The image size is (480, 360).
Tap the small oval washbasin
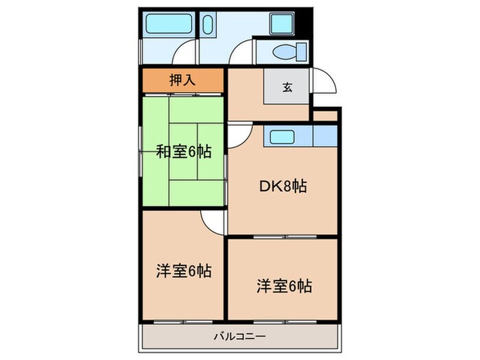pos(208,25)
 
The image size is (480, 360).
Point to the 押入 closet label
pos(182,80)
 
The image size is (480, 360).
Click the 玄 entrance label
pos(287,87)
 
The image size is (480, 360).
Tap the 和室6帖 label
pos(183,151)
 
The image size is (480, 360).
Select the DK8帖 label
pos(283,185)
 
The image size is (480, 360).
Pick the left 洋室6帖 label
pos(183,270)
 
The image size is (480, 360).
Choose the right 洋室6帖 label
pos(283,285)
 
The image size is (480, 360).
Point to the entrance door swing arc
pos(326,81)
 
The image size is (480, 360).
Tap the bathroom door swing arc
pos(184,53)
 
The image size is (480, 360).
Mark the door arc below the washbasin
pos(240,53)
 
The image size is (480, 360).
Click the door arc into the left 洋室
pos(213,221)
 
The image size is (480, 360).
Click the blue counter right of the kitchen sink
pos(324,135)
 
